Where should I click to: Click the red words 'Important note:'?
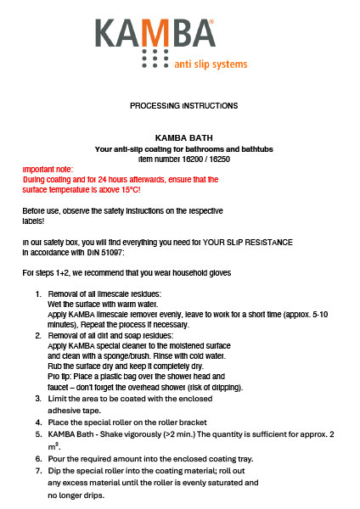click(x=48, y=170)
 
